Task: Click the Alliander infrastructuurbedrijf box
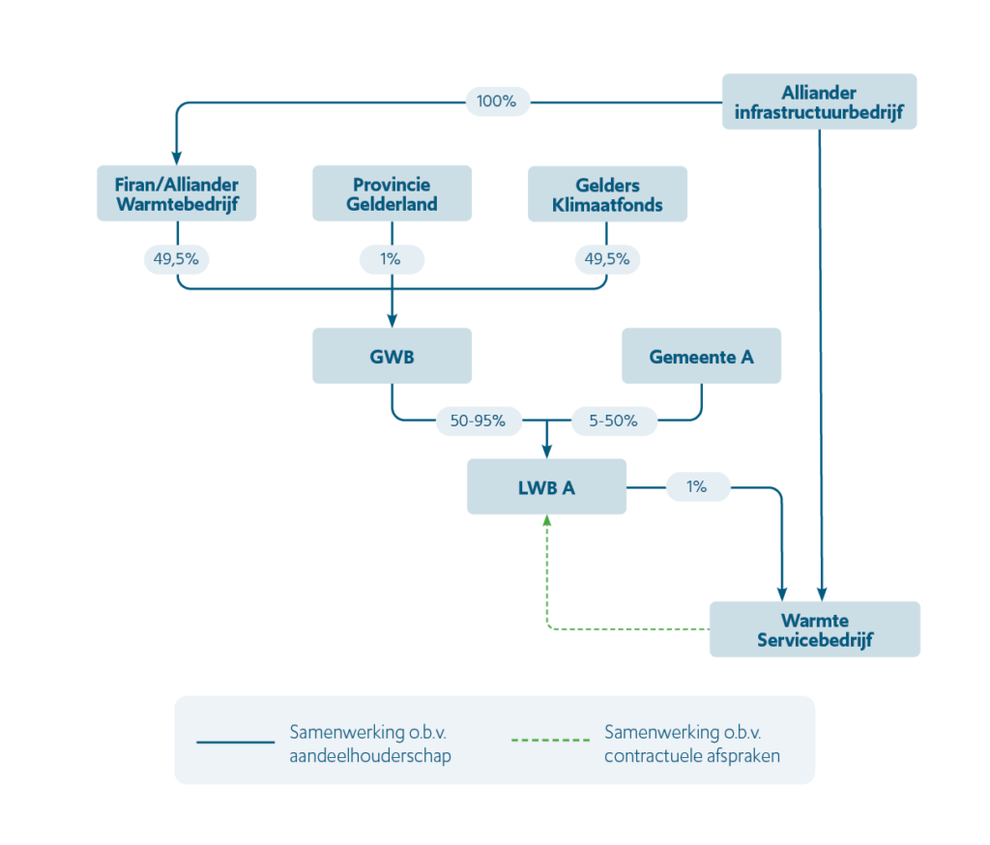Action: [819, 102]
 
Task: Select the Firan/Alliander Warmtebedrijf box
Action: [177, 193]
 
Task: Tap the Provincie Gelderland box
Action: [392, 193]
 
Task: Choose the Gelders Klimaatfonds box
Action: [606, 193]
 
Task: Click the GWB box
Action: [392, 356]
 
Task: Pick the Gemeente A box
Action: [701, 356]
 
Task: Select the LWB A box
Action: [546, 486]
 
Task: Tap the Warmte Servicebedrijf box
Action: [814, 629]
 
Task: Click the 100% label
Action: [497, 101]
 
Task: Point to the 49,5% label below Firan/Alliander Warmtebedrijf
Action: [177, 259]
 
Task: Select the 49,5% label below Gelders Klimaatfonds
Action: [606, 259]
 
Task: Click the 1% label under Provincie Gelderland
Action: [392, 259]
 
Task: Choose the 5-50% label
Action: [611, 420]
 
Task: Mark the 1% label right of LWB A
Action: [696, 486]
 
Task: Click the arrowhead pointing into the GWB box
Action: [392, 321]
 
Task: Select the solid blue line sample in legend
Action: [236, 743]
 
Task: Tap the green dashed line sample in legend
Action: [549, 743]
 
